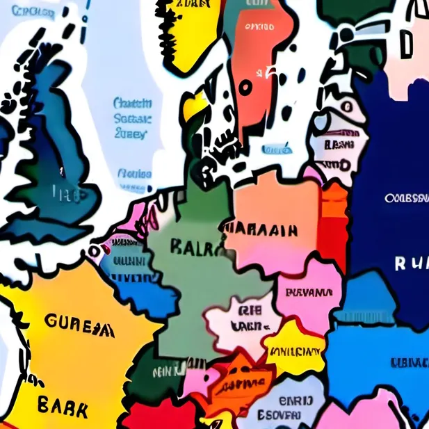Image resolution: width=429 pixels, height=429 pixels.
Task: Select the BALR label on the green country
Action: point(195,247)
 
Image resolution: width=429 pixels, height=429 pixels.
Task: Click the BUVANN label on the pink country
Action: point(310,292)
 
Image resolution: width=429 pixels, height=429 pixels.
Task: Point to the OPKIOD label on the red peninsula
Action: point(259,28)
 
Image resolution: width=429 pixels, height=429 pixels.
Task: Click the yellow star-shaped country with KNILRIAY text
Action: point(296,350)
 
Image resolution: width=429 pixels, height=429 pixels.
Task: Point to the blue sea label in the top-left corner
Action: point(34,11)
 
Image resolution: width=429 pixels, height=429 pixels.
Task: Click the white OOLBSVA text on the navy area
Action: point(406,198)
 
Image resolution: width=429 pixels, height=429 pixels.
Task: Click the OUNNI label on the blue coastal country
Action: point(129,262)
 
